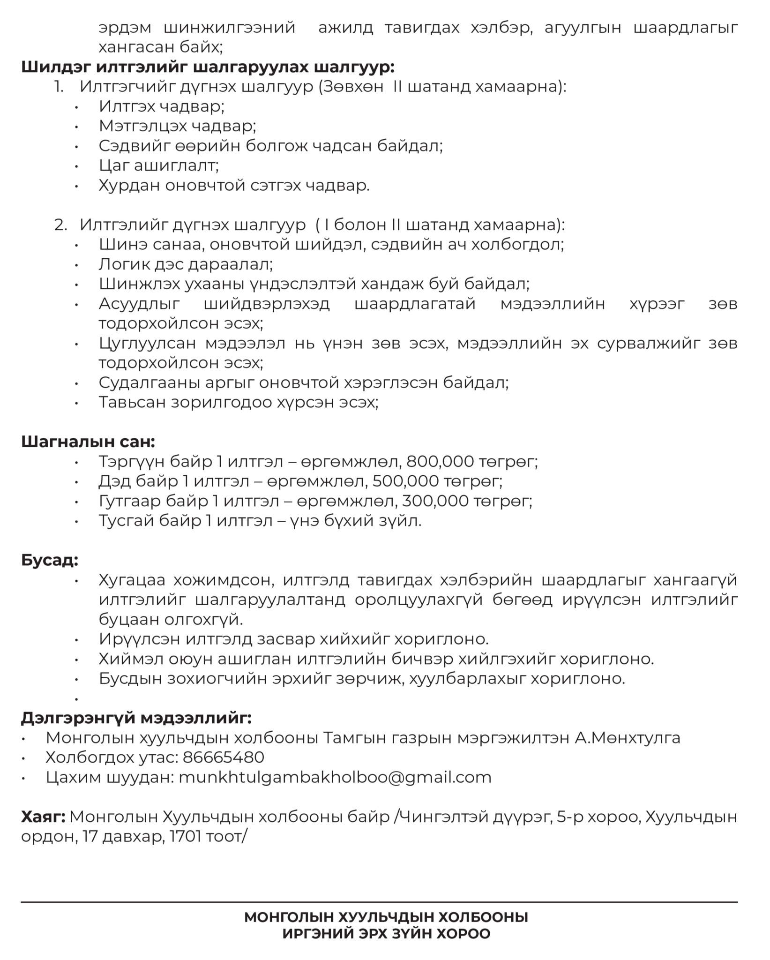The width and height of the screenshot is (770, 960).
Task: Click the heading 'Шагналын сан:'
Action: point(88,442)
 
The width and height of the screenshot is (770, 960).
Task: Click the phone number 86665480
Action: point(223,757)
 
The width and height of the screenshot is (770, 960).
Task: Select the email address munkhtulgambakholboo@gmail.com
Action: point(335,777)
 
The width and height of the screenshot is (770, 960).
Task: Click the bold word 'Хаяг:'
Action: point(43,817)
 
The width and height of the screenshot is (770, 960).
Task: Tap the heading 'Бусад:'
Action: point(50,560)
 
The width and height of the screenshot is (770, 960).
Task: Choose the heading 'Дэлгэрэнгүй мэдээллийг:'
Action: point(136,718)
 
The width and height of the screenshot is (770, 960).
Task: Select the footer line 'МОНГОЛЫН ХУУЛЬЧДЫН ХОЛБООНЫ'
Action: point(386,917)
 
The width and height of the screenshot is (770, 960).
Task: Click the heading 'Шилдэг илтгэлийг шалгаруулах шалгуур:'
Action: point(208,67)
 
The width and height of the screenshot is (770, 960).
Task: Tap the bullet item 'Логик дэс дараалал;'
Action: point(186,264)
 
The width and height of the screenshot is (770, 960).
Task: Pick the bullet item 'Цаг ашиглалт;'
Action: point(159,165)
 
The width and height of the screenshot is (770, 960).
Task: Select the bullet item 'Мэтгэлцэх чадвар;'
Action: point(177,126)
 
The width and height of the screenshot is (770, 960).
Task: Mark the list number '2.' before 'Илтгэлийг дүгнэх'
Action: point(61,225)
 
